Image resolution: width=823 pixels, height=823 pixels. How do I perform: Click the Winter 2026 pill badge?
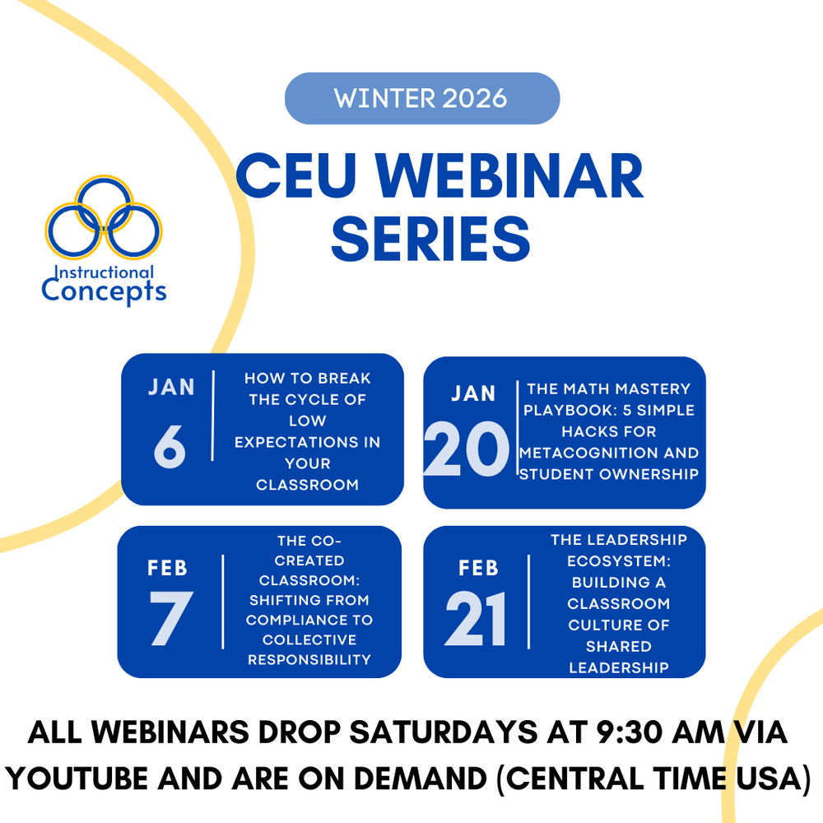coord(422,99)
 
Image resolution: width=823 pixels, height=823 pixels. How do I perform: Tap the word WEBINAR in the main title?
coord(509,176)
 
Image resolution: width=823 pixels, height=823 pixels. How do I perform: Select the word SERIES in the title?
coord(430,239)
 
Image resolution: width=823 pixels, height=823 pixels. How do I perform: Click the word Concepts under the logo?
coord(104,291)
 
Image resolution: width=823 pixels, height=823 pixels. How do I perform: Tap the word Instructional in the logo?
coord(104,272)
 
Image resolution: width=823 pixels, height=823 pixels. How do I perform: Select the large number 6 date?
coord(170,447)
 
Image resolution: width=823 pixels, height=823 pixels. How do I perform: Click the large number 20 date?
coord(467,449)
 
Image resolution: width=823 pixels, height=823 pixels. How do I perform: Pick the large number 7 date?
coord(171,618)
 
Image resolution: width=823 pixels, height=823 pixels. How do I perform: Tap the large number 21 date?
coord(476,618)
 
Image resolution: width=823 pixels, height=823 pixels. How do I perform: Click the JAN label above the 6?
coord(172,388)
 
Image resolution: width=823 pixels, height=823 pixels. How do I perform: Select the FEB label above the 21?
coord(478,568)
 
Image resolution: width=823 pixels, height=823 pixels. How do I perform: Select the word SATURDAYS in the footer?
coord(444,732)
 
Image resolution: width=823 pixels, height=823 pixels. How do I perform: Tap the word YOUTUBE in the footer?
coord(77,778)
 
